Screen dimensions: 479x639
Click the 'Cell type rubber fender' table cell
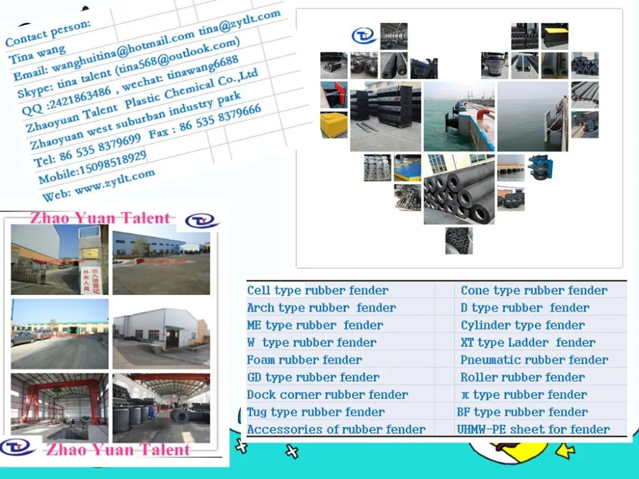point(318,291)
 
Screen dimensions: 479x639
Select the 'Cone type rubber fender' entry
point(534,291)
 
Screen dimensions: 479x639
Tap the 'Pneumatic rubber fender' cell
point(534,360)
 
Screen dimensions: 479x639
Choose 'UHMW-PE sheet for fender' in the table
point(533,430)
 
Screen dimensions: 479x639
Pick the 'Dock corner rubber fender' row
point(327,395)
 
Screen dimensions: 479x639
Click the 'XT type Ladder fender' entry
point(528,343)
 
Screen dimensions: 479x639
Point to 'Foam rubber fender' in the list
point(304,360)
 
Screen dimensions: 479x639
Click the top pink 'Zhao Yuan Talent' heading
point(100,218)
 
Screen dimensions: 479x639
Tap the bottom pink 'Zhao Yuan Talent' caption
point(117,450)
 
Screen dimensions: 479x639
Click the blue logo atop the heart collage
point(364,35)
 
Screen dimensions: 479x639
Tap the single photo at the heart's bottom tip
point(459,241)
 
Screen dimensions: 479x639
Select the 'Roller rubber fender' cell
point(522,377)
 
